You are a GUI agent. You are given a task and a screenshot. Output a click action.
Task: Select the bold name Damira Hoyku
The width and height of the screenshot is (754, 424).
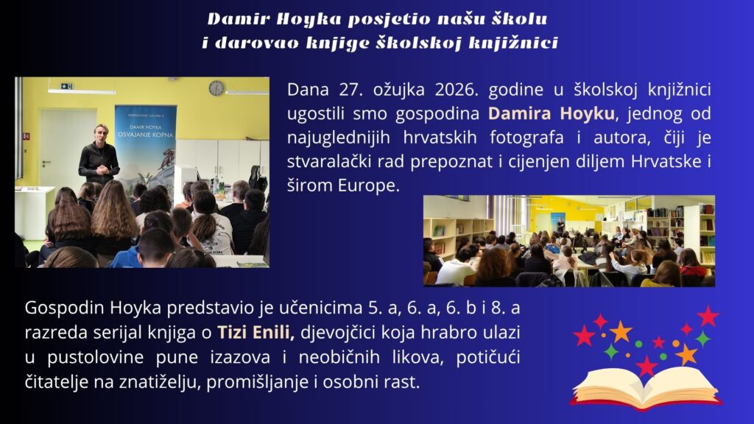(x=551, y=114)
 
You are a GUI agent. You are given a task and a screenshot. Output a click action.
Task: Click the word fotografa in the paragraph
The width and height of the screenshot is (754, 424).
(x=526, y=138)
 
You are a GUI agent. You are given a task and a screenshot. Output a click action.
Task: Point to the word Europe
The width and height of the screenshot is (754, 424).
(x=368, y=185)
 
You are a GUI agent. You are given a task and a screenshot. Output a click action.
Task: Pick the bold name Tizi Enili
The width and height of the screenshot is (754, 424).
(x=256, y=332)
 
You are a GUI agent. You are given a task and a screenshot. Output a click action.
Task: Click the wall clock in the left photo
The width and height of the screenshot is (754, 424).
(x=216, y=88)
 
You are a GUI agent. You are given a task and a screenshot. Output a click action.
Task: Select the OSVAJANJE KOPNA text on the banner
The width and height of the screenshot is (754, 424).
(x=145, y=135)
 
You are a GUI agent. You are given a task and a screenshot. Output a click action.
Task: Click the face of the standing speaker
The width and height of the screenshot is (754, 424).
(x=100, y=134)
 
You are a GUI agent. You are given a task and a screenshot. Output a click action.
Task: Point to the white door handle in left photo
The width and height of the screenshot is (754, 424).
(x=46, y=163)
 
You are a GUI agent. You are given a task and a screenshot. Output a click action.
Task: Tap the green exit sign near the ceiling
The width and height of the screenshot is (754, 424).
(x=67, y=86)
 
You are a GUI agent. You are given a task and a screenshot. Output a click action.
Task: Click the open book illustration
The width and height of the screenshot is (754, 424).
(x=646, y=387)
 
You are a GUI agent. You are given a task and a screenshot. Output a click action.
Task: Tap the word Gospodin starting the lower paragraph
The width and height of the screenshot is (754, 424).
(x=65, y=308)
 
